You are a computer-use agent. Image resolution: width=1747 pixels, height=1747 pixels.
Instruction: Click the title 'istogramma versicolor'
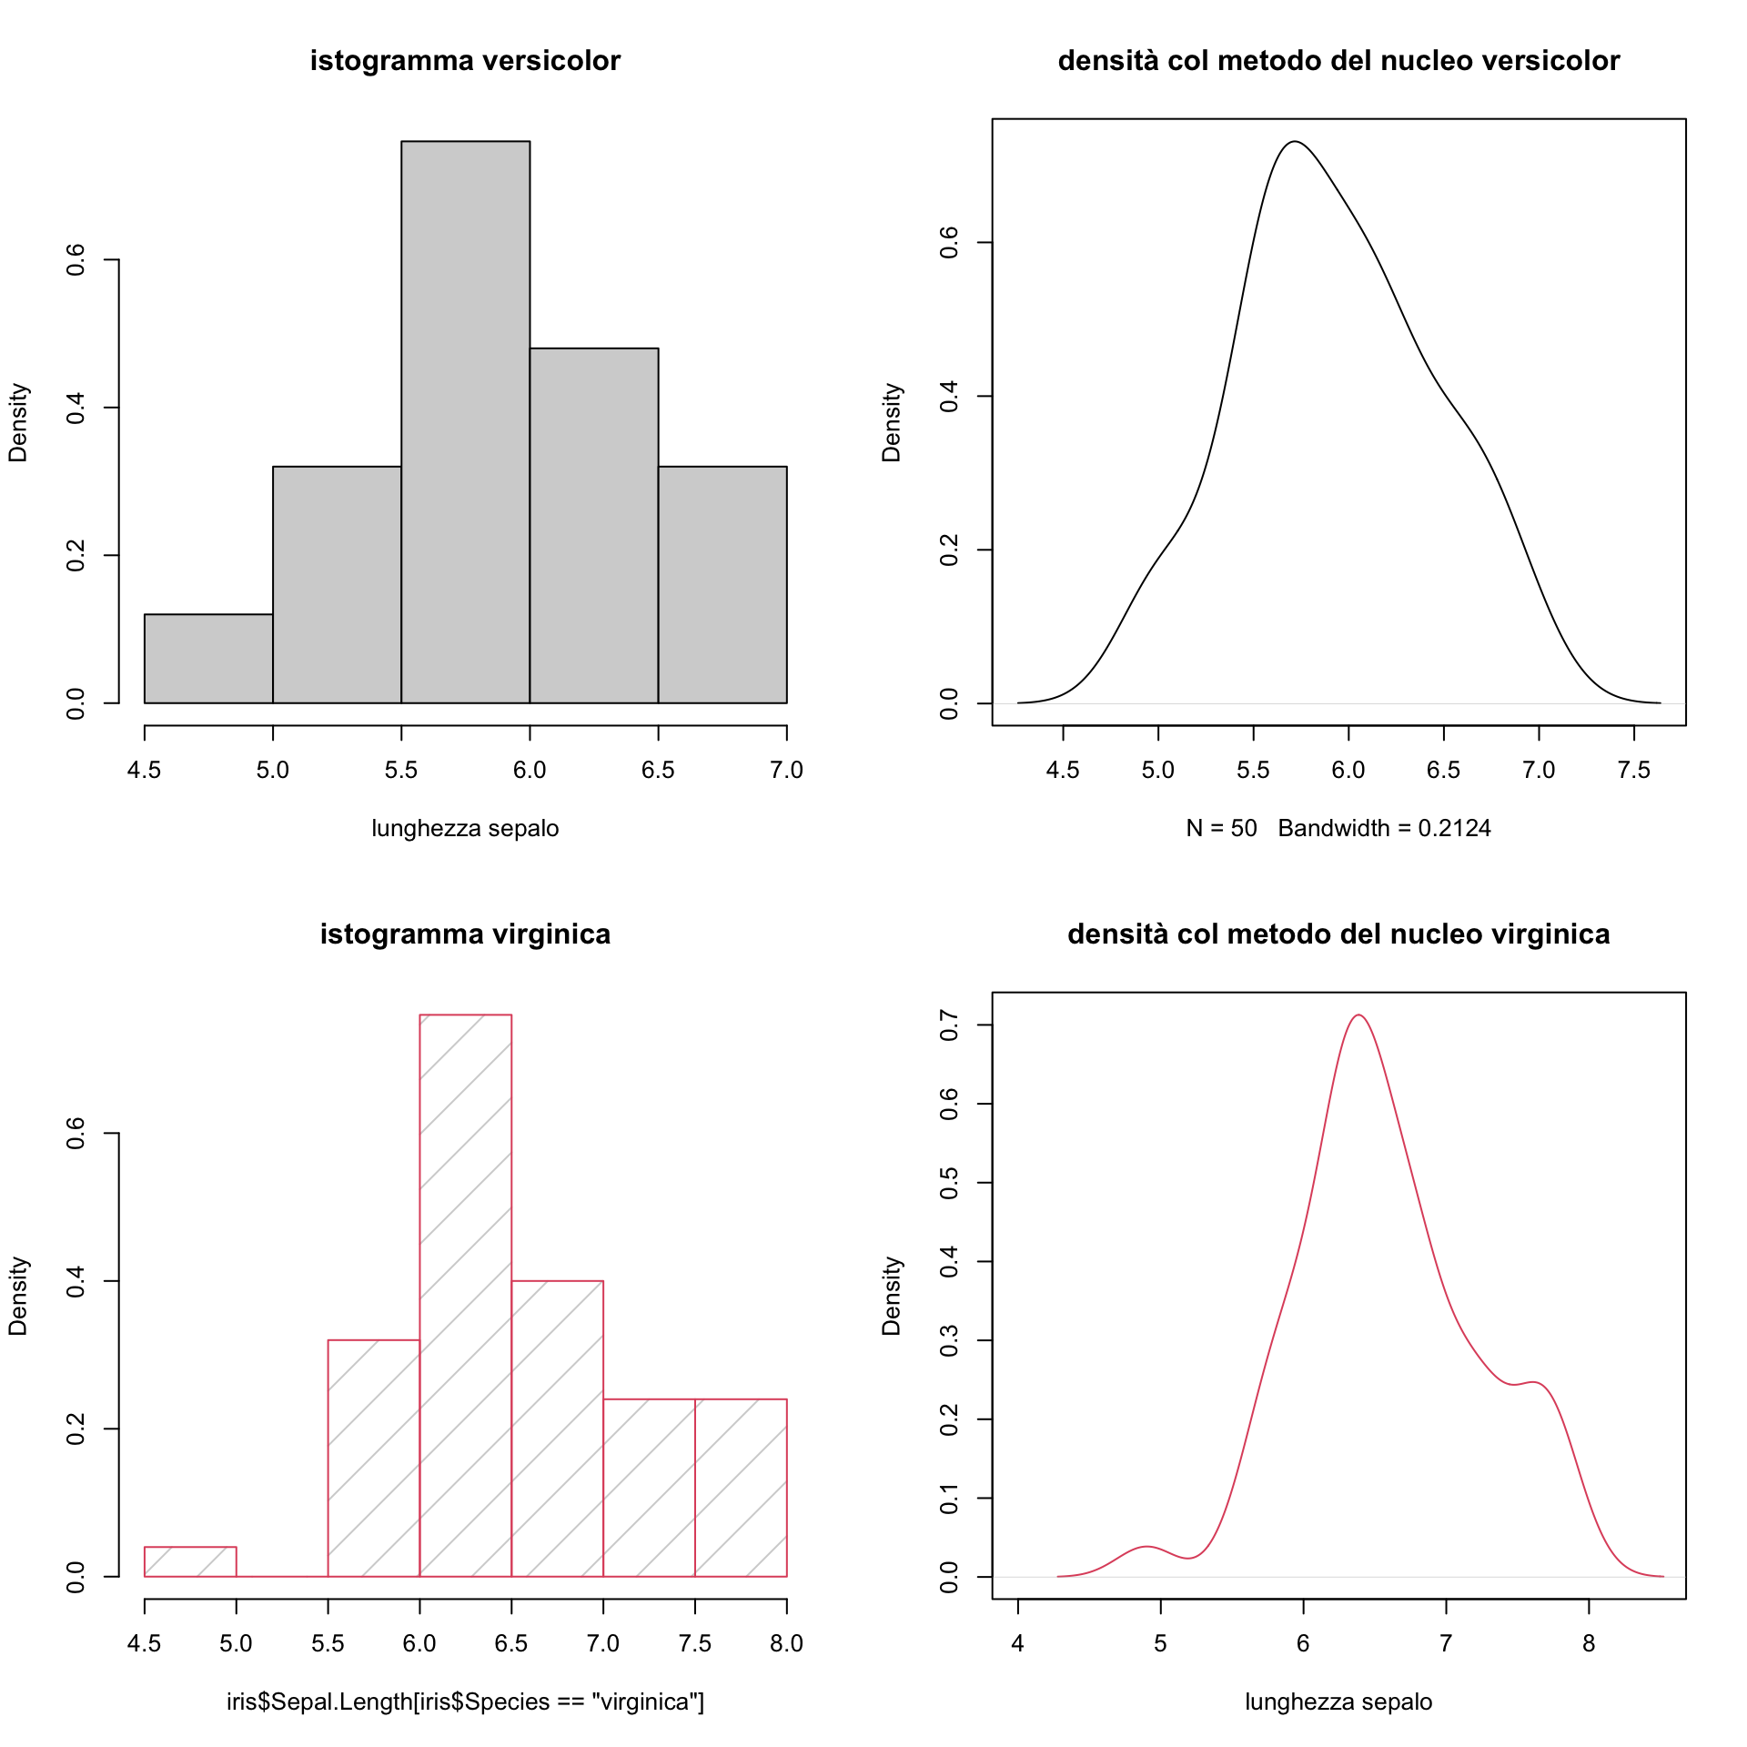click(465, 61)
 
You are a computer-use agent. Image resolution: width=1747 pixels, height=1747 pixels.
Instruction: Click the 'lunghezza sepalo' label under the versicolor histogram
click(465, 829)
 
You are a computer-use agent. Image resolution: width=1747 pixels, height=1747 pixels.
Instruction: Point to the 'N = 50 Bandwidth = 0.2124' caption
click(1338, 829)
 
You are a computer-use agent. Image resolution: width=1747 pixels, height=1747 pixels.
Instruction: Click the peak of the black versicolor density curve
click(1294, 142)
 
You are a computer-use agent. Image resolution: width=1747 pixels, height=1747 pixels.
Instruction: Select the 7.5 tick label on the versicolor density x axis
click(1634, 771)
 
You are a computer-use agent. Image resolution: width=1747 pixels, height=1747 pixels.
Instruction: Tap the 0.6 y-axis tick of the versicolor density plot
click(949, 243)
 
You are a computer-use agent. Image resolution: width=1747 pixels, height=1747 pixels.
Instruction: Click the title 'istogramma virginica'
click(465, 934)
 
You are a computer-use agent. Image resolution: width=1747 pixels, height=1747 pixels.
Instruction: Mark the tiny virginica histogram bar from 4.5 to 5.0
click(190, 1561)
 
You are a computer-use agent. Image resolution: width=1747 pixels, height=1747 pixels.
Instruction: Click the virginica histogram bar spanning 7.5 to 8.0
click(741, 1488)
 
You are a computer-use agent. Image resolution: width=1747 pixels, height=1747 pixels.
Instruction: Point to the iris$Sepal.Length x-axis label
click(465, 1702)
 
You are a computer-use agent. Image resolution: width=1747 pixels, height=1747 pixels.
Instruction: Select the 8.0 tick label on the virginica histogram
click(786, 1644)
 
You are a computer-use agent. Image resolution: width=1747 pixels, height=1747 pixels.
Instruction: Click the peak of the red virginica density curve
click(1358, 1015)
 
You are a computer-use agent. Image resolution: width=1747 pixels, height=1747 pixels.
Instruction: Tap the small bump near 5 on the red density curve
click(1146, 1547)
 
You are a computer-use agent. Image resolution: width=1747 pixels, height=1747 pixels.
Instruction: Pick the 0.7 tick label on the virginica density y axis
click(949, 1025)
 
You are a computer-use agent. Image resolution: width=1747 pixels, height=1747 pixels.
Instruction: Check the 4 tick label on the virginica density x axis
click(1018, 1644)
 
